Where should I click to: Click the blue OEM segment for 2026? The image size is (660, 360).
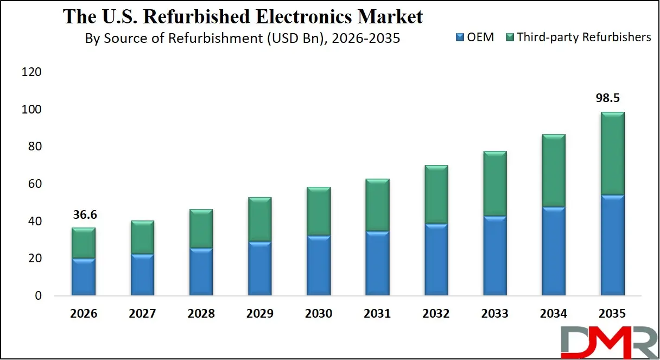click(x=84, y=277)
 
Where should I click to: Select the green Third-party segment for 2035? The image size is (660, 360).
click(x=612, y=153)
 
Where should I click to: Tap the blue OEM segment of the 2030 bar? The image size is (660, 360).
click(x=319, y=266)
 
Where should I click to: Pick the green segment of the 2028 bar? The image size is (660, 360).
click(x=201, y=229)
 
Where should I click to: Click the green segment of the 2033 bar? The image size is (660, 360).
click(x=494, y=184)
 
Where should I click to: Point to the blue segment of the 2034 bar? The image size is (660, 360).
click(x=554, y=251)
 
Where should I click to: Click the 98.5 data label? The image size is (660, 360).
click(x=612, y=98)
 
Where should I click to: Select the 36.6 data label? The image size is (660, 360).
click(x=84, y=214)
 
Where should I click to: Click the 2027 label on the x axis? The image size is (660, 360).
click(x=142, y=314)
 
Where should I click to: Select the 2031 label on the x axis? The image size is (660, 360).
click(x=377, y=314)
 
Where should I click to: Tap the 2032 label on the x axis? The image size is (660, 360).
click(x=436, y=314)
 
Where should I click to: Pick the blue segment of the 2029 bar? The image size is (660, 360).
click(x=259, y=269)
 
